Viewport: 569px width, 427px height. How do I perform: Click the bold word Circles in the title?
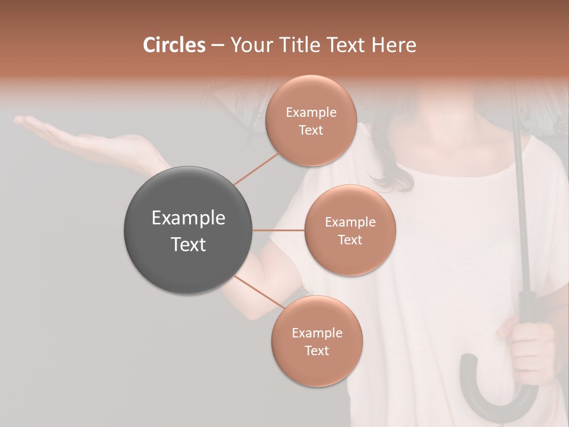(x=174, y=45)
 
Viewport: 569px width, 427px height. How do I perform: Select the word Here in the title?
(x=394, y=45)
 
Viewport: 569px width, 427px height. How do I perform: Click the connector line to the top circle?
(x=255, y=168)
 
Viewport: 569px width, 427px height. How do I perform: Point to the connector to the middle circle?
(x=279, y=230)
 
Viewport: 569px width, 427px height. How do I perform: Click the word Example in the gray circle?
(x=188, y=218)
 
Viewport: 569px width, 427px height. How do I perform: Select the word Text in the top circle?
(x=311, y=130)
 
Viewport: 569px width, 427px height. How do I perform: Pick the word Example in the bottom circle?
(x=317, y=333)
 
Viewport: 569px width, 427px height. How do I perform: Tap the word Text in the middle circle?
(x=350, y=240)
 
